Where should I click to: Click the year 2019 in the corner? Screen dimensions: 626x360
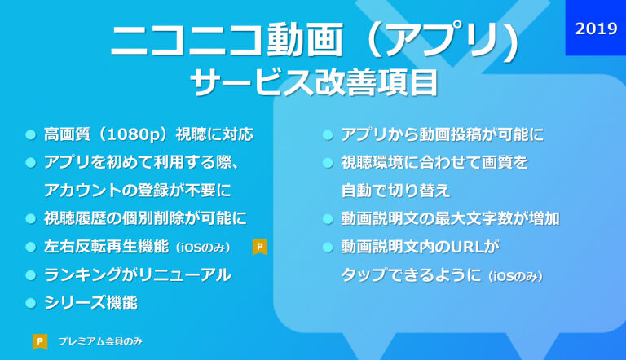point(596,29)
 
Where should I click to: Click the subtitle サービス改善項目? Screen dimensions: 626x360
point(315,82)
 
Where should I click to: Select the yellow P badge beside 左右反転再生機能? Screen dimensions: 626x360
point(259,247)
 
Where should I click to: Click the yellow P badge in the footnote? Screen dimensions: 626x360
point(40,341)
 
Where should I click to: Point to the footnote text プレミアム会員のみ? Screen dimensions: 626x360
point(100,341)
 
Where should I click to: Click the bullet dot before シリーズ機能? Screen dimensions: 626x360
point(31,303)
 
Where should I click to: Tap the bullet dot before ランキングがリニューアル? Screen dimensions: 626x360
point(31,275)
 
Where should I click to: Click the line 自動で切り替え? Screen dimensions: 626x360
point(395,191)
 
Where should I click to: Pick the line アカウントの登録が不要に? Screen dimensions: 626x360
point(138,191)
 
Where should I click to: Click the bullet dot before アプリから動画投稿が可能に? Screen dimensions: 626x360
point(328,135)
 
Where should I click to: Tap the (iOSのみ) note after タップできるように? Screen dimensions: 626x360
point(516,276)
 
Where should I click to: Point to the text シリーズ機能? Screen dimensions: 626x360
point(91,302)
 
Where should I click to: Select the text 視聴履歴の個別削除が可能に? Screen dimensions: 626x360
point(146,218)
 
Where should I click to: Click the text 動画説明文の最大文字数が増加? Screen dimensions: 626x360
point(450,219)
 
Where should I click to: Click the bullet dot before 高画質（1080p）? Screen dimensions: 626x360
point(31,135)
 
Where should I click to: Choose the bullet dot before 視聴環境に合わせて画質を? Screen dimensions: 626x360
point(328,163)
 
